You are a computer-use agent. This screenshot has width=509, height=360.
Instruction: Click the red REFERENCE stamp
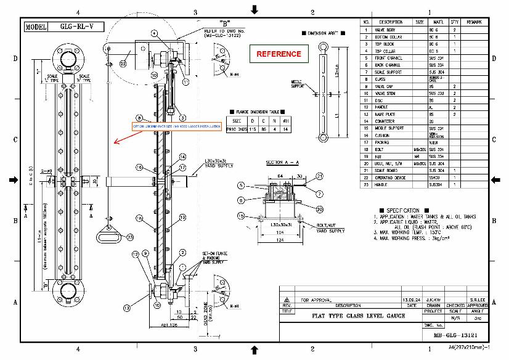pyautogui.click(x=279, y=54)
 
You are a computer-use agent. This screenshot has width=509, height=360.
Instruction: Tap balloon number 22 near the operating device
pyautogui.click(x=123, y=62)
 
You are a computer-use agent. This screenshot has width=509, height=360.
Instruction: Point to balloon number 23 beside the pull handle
pyautogui.click(x=130, y=236)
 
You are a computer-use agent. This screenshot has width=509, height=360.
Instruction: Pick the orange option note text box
pyautogui.click(x=176, y=126)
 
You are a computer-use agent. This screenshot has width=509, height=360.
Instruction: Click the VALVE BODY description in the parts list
pyautogui.click(x=386, y=30)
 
